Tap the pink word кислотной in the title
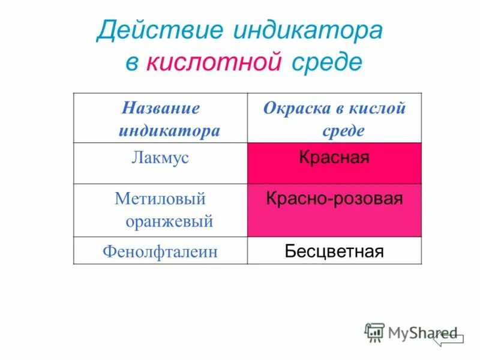214,62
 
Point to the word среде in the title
328,62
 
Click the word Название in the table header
161,109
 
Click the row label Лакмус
160,158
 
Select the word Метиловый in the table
160,199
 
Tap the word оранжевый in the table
170,221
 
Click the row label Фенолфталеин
160,251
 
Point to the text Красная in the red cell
334,158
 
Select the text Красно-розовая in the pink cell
334,199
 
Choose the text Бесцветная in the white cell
334,251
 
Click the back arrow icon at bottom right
448,338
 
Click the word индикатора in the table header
169,131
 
